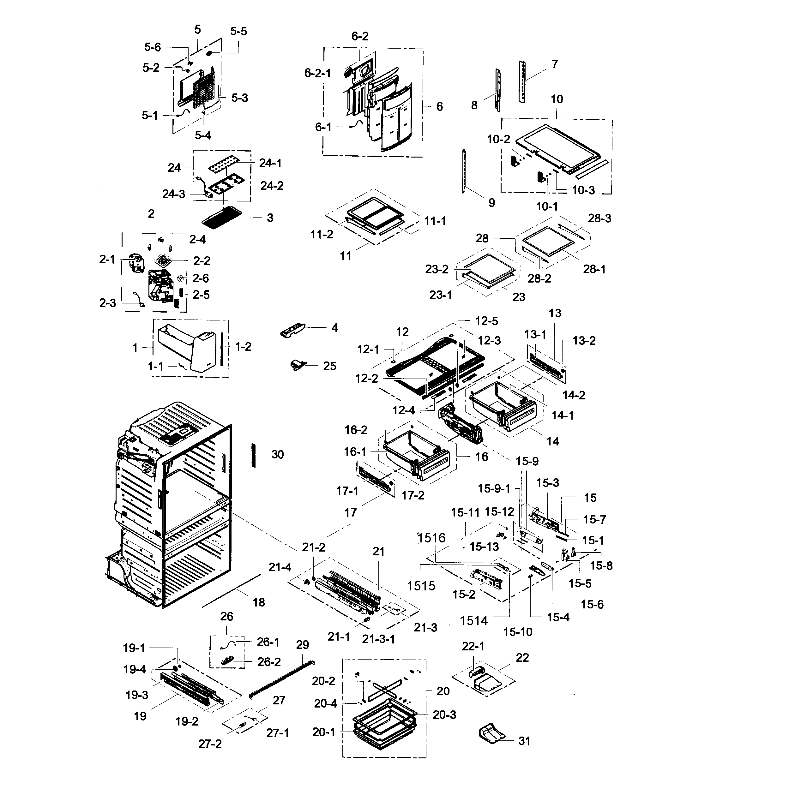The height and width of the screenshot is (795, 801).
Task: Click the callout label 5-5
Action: [x=238, y=32]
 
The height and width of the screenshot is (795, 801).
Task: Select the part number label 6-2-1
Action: [x=317, y=73]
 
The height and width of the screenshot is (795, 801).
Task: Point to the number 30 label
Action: [x=277, y=455]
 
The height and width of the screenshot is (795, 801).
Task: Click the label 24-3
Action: [x=173, y=194]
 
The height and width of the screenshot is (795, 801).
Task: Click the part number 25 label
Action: [x=330, y=366]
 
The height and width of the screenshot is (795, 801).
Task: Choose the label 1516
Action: [x=431, y=538]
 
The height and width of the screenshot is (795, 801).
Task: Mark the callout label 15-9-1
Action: [x=493, y=489]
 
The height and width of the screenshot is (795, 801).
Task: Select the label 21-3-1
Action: [x=378, y=639]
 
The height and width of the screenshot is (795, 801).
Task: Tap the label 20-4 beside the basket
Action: [x=325, y=703]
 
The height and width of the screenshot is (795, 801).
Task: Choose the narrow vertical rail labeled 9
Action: [x=464, y=171]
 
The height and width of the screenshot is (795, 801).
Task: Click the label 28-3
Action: [x=599, y=218]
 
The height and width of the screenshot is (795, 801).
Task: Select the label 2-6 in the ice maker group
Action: [x=201, y=278]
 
